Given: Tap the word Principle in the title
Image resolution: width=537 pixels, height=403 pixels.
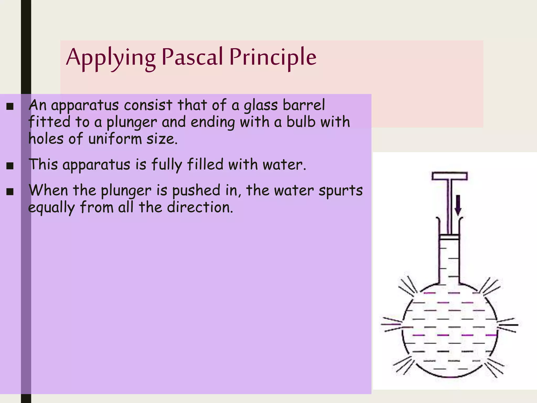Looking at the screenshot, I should (273, 57).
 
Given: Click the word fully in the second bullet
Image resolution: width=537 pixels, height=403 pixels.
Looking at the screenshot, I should (167, 165).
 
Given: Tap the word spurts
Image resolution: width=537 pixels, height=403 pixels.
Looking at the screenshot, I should (341, 190).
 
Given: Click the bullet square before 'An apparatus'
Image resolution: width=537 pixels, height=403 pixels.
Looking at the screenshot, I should (10, 106).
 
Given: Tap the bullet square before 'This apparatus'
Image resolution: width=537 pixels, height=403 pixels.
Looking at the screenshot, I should (10, 166).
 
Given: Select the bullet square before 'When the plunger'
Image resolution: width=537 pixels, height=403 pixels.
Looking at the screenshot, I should (10, 192).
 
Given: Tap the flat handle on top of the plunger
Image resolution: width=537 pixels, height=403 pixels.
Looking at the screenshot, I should (449, 176).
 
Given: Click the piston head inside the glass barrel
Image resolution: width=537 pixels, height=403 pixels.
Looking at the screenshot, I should (449, 237).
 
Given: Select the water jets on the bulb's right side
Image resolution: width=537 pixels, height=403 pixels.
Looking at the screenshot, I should (508, 325).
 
